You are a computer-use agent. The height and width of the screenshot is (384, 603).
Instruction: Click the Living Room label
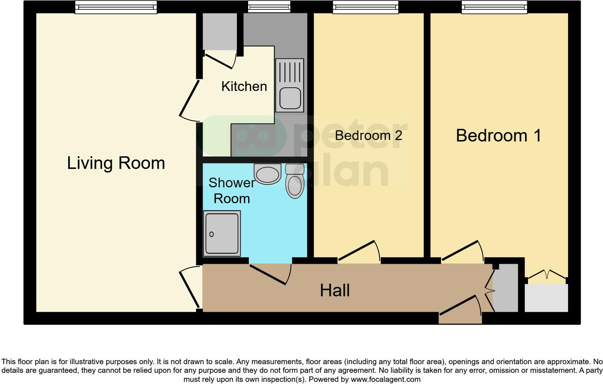116,163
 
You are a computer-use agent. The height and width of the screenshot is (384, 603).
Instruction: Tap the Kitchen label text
244,86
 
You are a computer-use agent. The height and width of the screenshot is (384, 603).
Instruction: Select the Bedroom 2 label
368,135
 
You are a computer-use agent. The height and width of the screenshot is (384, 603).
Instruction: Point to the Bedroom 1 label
498,135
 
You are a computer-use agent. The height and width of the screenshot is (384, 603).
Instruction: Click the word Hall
335,290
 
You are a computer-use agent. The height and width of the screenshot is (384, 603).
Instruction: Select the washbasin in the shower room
267,174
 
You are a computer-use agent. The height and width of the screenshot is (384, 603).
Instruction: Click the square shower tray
221,234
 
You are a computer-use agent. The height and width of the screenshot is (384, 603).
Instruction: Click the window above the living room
116,7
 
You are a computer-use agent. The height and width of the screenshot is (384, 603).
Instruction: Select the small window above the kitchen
269,6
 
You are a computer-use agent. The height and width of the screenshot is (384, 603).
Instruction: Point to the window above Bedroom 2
365,7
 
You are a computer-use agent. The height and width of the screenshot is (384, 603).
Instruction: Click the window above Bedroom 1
494,7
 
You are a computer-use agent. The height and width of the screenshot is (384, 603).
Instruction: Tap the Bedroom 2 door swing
359,251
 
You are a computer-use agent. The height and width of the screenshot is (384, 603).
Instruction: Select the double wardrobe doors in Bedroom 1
547,275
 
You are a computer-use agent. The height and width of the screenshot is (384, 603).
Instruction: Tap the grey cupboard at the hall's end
506,288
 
